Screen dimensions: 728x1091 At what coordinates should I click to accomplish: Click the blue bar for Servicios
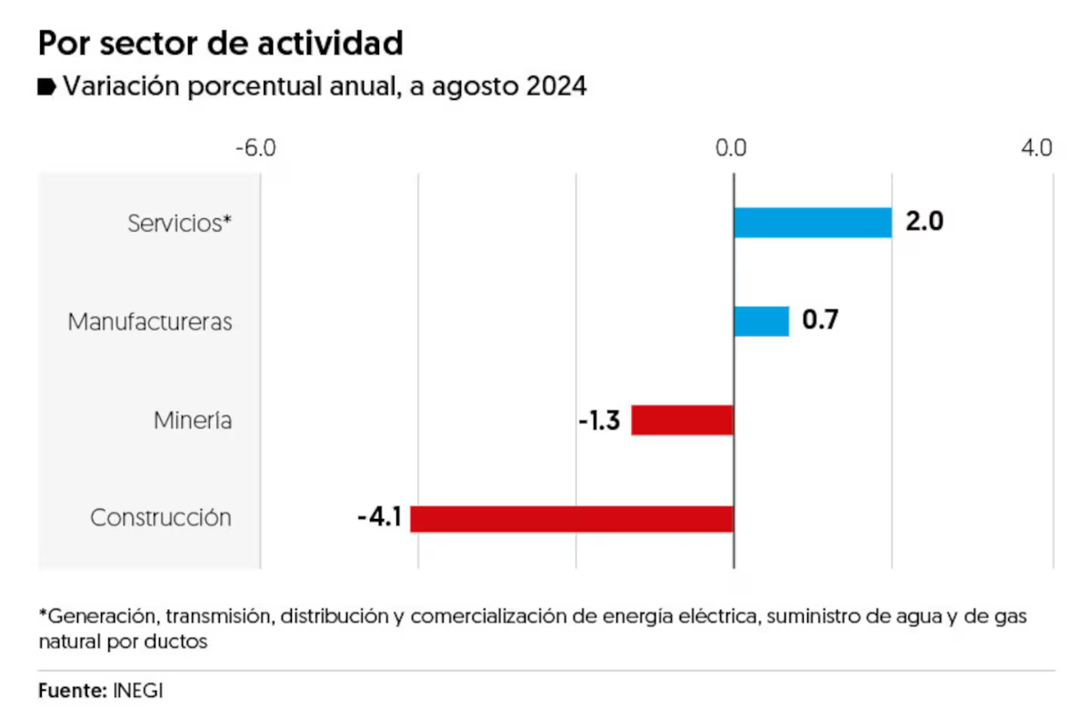813,223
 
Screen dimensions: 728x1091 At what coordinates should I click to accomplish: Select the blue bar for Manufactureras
761,321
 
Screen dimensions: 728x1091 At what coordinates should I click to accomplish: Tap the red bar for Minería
682,420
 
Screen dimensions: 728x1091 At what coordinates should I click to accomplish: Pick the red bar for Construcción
572,518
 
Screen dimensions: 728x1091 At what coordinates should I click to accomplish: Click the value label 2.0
924,222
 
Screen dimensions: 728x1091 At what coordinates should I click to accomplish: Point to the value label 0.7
819,321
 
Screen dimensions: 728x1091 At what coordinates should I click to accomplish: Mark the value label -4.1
379,518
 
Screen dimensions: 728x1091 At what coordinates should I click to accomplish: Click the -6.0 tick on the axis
255,147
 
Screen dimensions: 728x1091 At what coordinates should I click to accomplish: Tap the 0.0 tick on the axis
731,147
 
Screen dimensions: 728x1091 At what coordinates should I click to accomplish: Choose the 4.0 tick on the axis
1036,147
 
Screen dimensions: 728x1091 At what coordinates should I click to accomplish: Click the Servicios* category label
179,223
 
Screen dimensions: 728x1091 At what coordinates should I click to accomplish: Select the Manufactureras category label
150,322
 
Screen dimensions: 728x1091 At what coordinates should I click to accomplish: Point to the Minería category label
192,421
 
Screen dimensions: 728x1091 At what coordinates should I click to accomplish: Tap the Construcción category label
161,518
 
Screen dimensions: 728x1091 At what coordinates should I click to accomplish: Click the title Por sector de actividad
220,42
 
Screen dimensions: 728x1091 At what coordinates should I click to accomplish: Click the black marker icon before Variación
46,87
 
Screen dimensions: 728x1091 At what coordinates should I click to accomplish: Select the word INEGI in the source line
138,690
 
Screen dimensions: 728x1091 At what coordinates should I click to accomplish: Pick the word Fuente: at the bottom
73,690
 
